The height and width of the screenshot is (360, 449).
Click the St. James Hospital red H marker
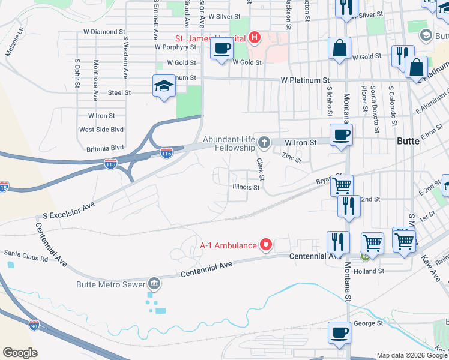click(255, 38)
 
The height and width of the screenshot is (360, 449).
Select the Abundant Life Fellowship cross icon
click(264, 142)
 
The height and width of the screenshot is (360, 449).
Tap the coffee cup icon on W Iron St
click(341, 135)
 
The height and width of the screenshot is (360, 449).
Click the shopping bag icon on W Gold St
click(339, 49)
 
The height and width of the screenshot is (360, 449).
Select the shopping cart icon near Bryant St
click(342, 185)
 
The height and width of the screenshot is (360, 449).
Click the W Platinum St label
click(306, 79)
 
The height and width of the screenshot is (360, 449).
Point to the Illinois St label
click(246, 187)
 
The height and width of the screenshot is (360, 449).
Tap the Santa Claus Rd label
click(22, 253)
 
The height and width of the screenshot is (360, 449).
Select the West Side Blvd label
click(101, 129)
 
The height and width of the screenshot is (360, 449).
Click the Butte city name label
click(412, 142)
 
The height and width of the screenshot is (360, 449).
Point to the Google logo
click(20, 353)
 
